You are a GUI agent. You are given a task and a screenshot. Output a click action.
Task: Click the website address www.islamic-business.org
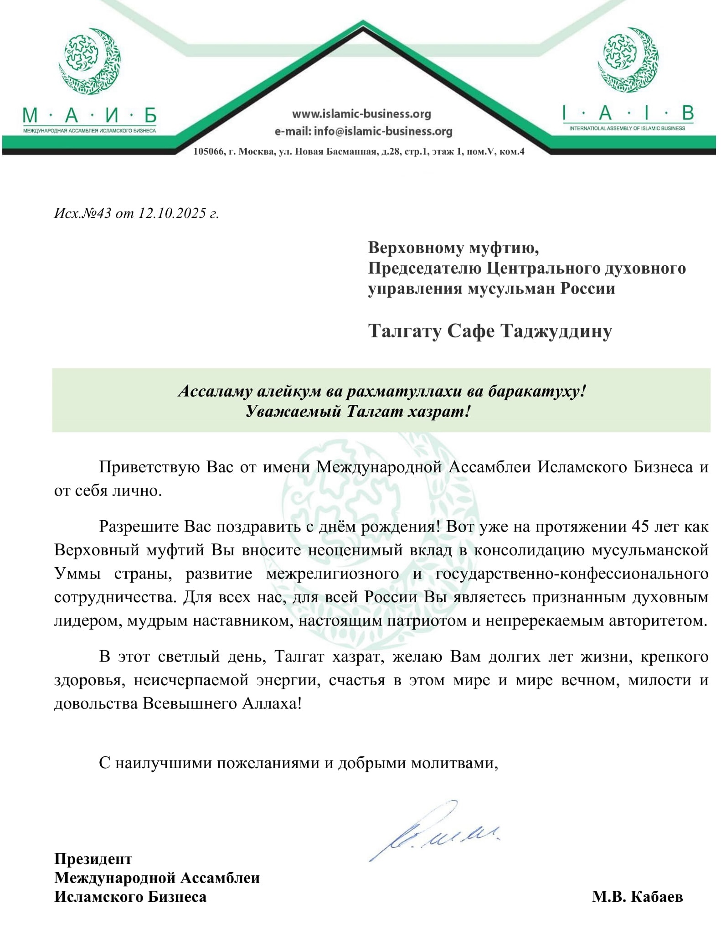(x=361, y=114)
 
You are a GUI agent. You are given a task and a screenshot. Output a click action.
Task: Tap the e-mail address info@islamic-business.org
(x=383, y=132)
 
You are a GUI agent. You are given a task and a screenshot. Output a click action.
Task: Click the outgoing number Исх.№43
(x=82, y=213)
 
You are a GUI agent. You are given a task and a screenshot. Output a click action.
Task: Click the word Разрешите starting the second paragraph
(x=139, y=527)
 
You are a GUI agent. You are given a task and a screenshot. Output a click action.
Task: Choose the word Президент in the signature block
(x=93, y=859)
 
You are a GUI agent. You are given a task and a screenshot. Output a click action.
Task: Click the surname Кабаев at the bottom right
(x=657, y=897)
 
